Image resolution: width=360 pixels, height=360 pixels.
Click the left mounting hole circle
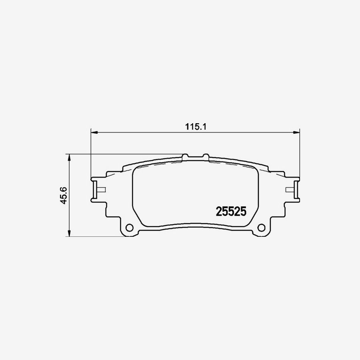pos(129,228)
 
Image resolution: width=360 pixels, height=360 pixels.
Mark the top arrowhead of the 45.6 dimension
pos(70,157)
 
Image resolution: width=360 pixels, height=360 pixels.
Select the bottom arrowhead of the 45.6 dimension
pos(70,234)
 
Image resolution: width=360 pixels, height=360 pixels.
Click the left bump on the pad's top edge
pos(185,156)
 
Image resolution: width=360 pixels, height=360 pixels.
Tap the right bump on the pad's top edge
pos(206,156)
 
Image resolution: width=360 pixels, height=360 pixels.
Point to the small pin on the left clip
pos(101,189)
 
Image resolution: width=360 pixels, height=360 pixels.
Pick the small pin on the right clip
pos(290,189)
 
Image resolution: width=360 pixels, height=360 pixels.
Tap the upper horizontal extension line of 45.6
pos(120,154)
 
